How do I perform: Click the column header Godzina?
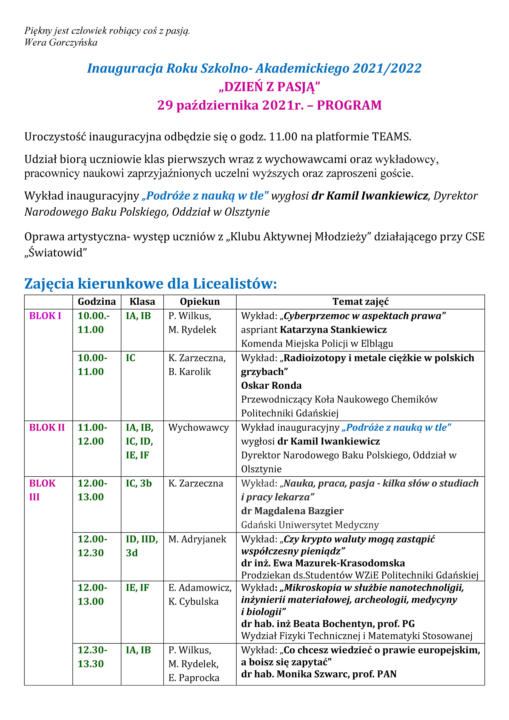click(97, 302)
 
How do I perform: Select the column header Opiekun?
click(200, 302)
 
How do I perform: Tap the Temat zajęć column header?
click(360, 302)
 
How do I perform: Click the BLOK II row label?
click(47, 427)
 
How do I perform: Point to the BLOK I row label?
click(45, 316)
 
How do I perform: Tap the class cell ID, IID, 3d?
click(142, 546)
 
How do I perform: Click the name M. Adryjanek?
click(197, 539)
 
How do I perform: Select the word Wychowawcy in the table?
click(198, 427)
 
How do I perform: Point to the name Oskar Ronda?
click(271, 385)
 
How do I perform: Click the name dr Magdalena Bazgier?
click(292, 511)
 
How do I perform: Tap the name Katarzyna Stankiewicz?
click(333, 330)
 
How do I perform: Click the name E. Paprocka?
click(194, 678)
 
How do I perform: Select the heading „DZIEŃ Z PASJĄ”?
click(270, 87)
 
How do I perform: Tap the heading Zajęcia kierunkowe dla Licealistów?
click(150, 283)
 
